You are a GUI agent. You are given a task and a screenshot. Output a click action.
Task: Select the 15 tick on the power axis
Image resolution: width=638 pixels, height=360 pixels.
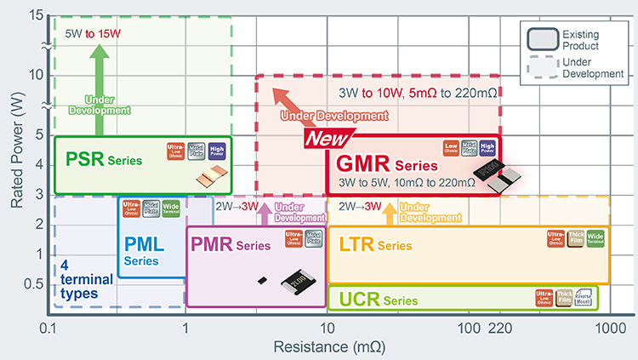coord(35,16)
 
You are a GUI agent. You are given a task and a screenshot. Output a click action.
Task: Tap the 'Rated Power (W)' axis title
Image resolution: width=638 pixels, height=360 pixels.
coord(14,150)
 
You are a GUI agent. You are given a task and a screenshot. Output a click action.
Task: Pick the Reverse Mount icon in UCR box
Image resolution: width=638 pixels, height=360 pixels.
coord(585,296)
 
